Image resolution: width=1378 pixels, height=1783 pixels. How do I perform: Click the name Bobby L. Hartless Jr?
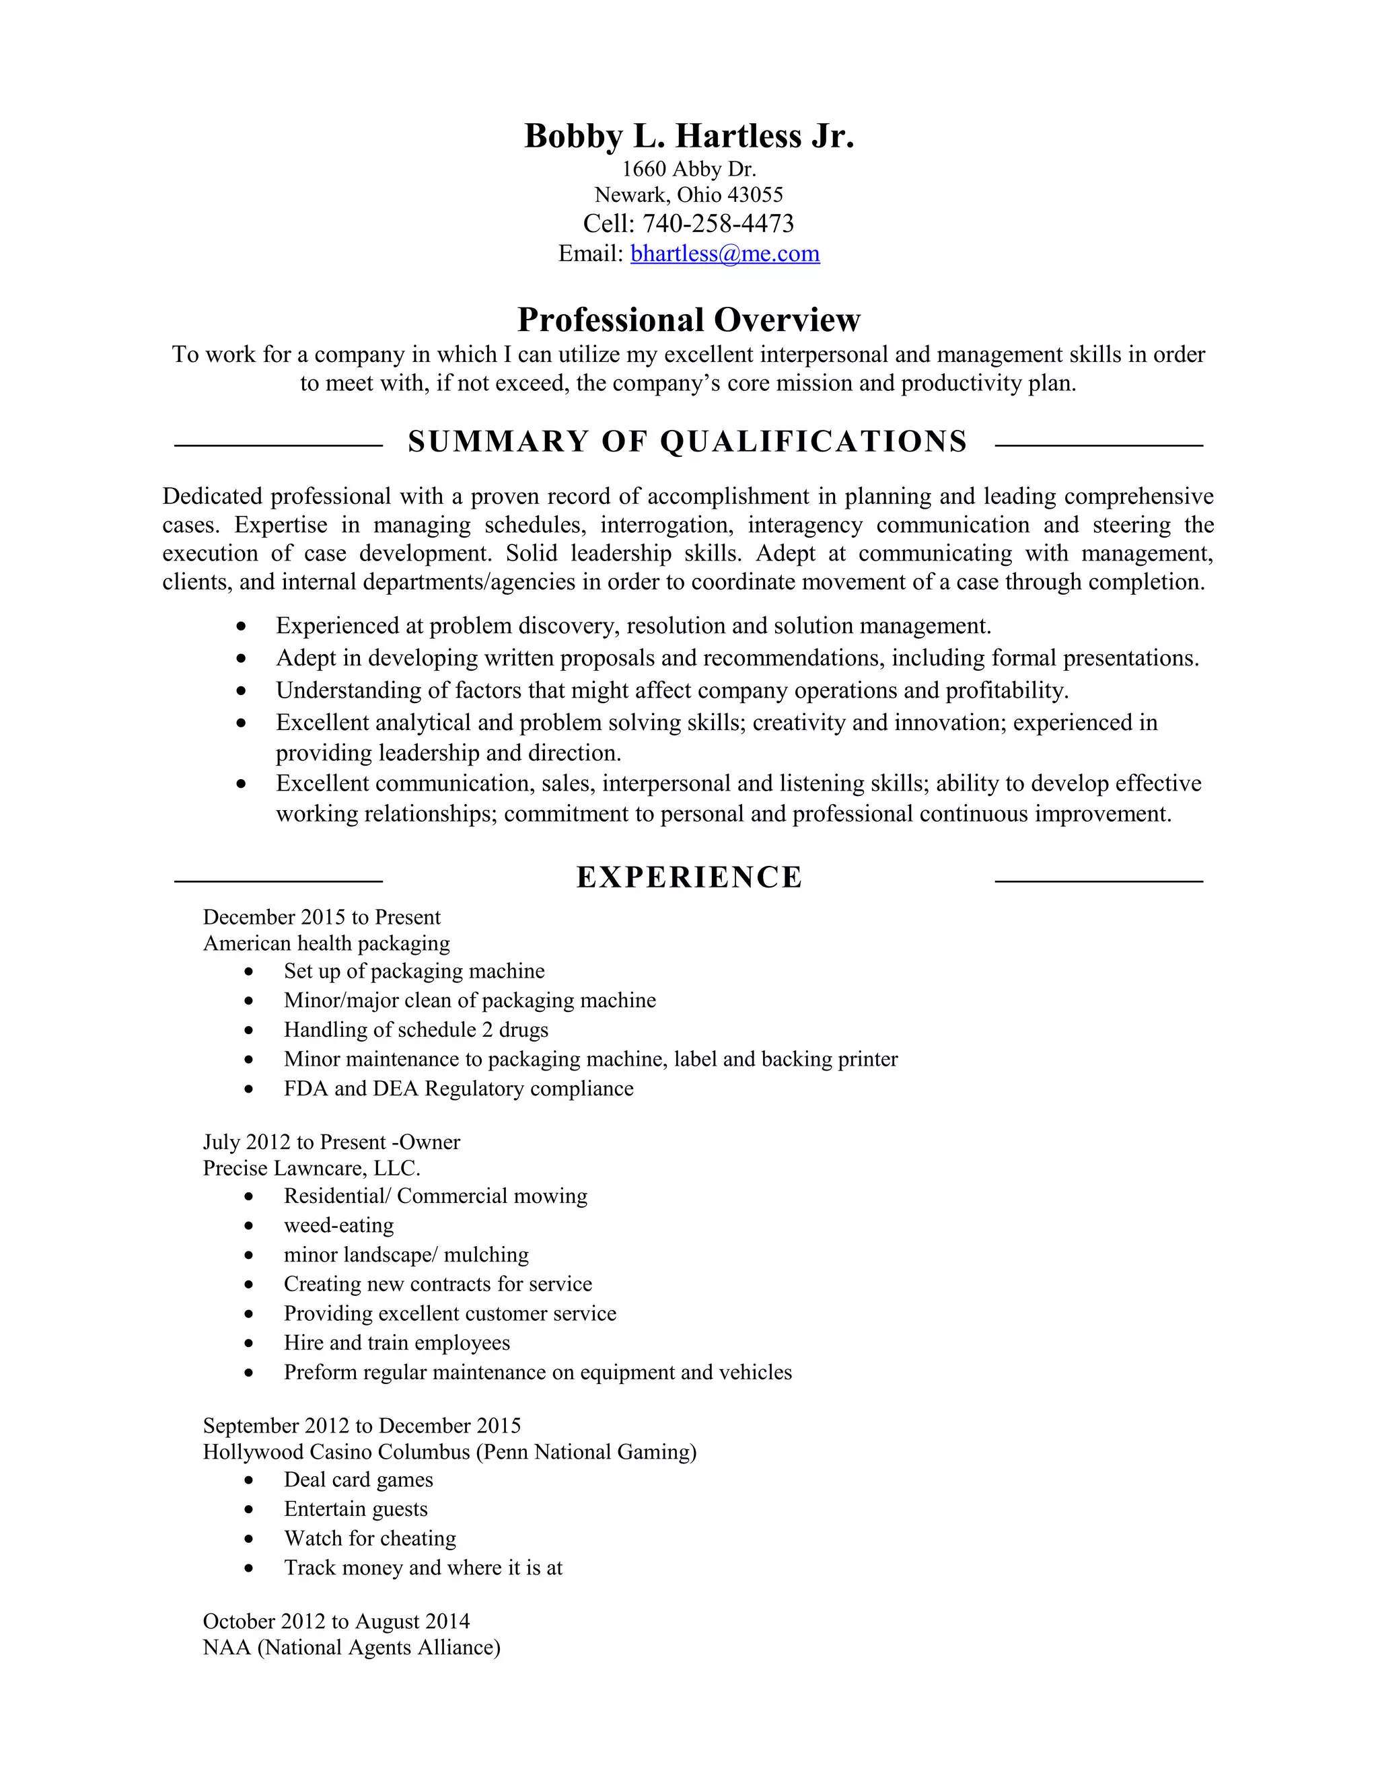(688, 137)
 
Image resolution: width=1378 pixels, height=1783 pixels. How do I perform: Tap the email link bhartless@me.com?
(725, 254)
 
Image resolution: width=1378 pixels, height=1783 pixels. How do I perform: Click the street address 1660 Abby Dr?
(689, 169)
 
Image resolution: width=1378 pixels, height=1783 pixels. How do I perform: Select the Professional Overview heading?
(688, 320)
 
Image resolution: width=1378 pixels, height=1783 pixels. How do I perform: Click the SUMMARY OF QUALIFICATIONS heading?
(688, 441)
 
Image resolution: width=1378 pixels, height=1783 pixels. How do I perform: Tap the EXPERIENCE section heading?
(689, 877)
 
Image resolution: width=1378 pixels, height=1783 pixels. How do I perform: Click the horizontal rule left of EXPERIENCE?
(279, 881)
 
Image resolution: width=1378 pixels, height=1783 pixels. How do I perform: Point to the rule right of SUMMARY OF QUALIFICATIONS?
(1099, 445)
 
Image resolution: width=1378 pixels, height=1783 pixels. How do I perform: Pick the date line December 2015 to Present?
(322, 918)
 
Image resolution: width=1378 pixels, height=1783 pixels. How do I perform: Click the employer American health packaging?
(326, 944)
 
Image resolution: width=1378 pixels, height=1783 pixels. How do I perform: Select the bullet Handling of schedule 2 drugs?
(416, 1030)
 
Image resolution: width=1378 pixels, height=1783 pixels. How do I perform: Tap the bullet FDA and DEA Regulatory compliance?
(458, 1089)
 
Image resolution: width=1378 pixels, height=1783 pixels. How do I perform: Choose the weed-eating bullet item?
(339, 1225)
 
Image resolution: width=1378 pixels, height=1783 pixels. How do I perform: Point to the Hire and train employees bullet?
(397, 1343)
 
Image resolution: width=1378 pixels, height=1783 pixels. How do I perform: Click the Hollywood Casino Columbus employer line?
(449, 1453)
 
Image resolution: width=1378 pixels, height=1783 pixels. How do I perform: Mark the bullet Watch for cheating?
(370, 1539)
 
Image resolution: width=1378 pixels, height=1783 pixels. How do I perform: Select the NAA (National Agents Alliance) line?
(351, 1648)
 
